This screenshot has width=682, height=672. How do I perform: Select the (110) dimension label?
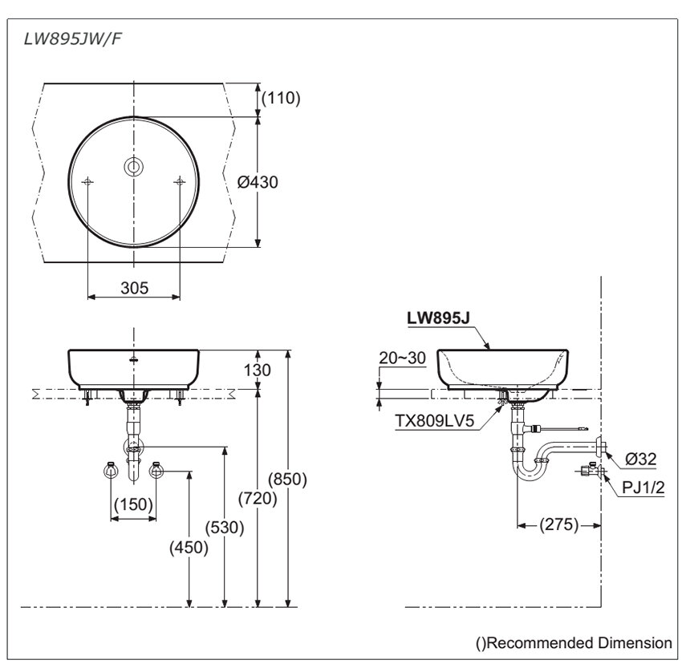(x=280, y=99)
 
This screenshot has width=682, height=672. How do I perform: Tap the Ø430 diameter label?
(x=258, y=182)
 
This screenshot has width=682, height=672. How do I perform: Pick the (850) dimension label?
(x=289, y=479)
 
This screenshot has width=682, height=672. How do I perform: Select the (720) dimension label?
(x=258, y=498)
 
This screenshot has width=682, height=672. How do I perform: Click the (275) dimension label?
(x=558, y=525)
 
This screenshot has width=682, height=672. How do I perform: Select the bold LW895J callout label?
(x=438, y=318)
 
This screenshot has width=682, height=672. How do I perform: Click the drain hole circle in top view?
(x=133, y=166)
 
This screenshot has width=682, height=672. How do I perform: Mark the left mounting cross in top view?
(x=87, y=183)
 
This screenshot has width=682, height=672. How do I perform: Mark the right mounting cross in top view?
(x=180, y=183)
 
